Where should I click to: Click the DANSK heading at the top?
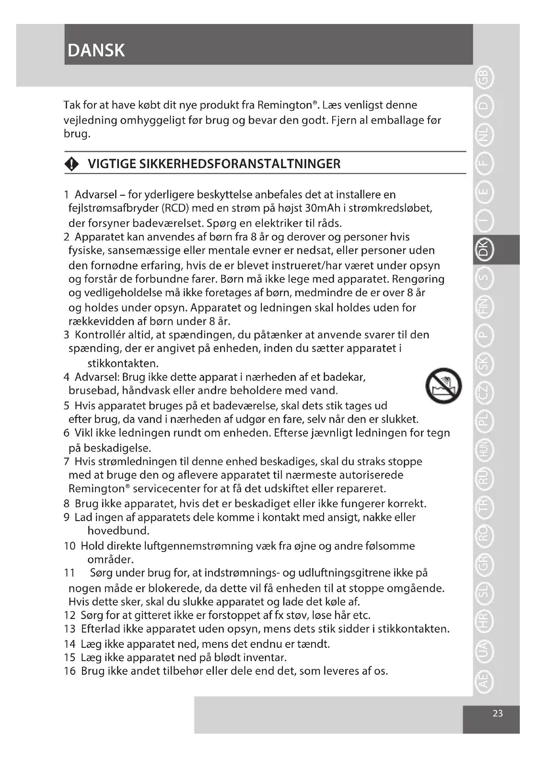pyautogui.click(x=96, y=51)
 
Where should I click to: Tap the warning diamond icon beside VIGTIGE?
pyautogui.click(x=72, y=164)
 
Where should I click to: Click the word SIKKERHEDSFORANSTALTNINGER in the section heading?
pyautogui.click(x=240, y=164)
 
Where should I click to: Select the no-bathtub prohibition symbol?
pyautogui.click(x=443, y=386)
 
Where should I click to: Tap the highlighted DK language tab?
pyautogui.click(x=484, y=249)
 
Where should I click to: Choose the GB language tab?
pyautogui.click(x=484, y=78)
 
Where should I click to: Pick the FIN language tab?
pyautogui.click(x=484, y=306)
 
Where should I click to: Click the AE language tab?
pyautogui.click(x=484, y=681)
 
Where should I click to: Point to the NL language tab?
pyautogui.click(x=484, y=135)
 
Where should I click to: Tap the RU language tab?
pyautogui.click(x=484, y=478)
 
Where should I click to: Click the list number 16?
pyautogui.click(x=70, y=671)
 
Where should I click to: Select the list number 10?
pyautogui.click(x=70, y=546)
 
